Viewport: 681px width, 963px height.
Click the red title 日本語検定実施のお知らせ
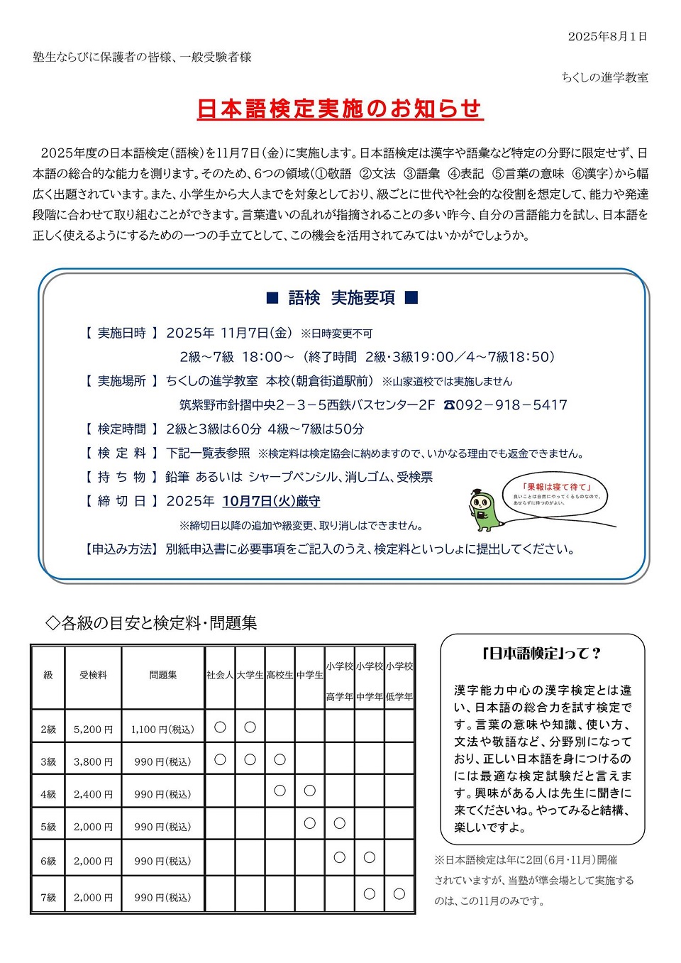pos(340,109)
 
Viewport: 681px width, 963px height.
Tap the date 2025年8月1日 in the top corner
pos(607,37)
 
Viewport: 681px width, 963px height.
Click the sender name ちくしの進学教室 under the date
pos(604,77)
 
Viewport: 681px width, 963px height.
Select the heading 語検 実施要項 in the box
pos(342,298)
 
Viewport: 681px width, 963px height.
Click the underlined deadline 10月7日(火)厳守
pos(271,501)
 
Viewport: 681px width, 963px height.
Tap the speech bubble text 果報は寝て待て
pos(556,487)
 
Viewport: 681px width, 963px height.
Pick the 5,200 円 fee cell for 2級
pos(93,729)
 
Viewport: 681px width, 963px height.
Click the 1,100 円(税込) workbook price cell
pos(162,729)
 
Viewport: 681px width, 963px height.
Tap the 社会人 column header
pos(220,675)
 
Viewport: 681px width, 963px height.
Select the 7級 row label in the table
pos(48,898)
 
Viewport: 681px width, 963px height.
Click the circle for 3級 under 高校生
pos(279,759)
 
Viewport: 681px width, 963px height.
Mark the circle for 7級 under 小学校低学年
pos(399,893)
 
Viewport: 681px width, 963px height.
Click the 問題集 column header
pos(162,675)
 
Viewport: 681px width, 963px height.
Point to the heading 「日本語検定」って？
pos(541,654)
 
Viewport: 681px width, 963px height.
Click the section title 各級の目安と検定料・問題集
pos(151,623)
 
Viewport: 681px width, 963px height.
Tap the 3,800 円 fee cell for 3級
pos(93,761)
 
